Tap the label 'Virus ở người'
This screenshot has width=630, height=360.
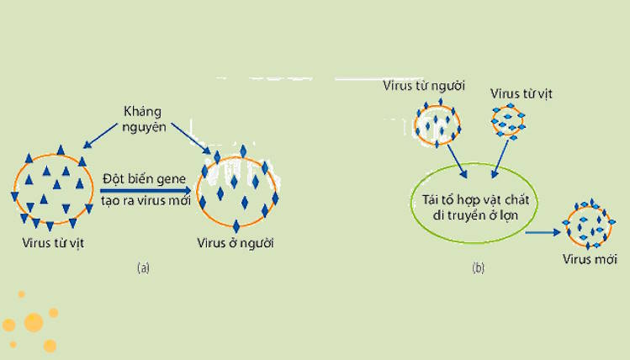click(x=236, y=244)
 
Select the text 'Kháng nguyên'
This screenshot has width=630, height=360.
click(x=142, y=119)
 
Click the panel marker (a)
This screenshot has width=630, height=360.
click(x=143, y=268)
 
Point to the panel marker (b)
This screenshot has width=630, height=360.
click(x=478, y=268)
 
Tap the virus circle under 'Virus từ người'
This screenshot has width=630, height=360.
click(x=437, y=121)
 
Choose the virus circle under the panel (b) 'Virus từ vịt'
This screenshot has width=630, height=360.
click(x=507, y=122)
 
